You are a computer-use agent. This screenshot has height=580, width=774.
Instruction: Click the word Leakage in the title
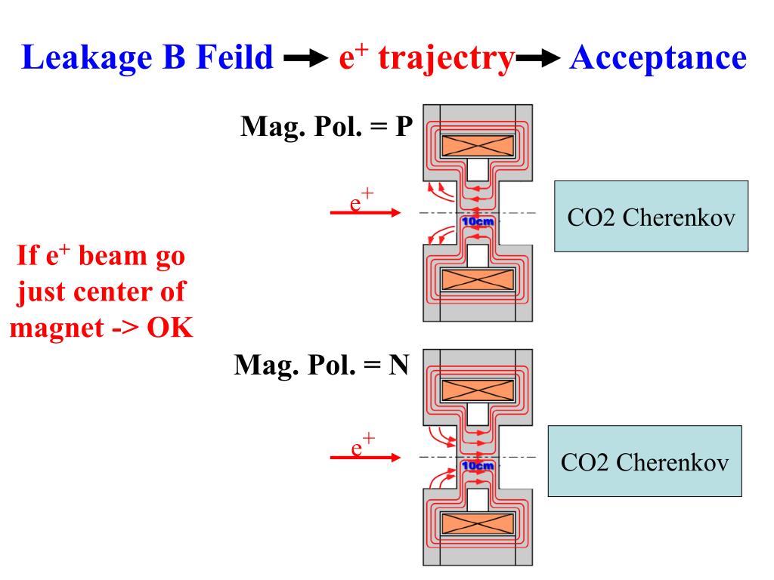coord(86,58)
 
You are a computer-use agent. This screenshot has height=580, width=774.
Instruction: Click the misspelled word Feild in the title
coord(234,57)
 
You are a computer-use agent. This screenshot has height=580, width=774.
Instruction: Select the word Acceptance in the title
coord(658,58)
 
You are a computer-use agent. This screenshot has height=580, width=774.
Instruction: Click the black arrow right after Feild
coord(306,58)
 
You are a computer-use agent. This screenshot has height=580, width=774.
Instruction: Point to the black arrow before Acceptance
coord(538,58)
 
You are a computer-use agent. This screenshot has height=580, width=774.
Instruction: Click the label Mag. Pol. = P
coord(327,127)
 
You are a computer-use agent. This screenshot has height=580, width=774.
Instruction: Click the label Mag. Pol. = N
coord(321,366)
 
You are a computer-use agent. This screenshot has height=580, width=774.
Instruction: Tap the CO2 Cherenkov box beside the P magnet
coord(651,217)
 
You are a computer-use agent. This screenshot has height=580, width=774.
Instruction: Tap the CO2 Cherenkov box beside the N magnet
coord(645,461)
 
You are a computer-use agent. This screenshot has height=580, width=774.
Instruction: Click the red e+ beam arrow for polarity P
coord(365,212)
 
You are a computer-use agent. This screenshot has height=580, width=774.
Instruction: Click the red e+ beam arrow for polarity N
coord(365,457)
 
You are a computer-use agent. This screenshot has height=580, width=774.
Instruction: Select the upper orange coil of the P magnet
coord(478,146)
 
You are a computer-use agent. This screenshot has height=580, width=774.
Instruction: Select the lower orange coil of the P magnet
coord(478,280)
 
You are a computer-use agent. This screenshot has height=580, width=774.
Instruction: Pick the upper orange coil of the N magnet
coord(478,390)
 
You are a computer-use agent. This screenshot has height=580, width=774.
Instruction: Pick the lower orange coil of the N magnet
coord(478,524)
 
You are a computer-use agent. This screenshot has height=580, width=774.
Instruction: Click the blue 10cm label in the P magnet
coord(478,221)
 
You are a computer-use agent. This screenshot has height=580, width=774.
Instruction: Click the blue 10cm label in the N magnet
coord(478,465)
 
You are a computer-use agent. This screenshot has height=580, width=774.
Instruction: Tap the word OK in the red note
coord(169,328)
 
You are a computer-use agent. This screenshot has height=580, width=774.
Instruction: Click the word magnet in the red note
coord(57,329)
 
